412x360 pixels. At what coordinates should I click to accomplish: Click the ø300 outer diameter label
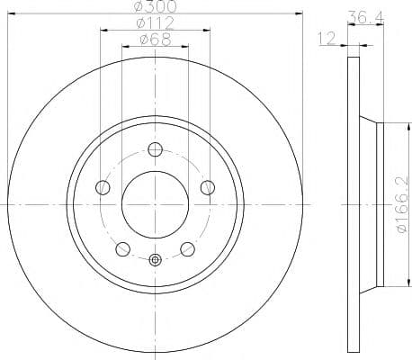point(155,7)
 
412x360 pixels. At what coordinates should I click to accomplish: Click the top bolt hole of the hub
point(155,149)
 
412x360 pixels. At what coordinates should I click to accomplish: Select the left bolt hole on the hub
point(103,187)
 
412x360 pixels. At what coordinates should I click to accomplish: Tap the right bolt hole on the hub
point(208,187)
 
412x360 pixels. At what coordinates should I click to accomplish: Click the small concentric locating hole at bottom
point(155,261)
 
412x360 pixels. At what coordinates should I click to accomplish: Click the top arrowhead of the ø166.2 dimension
point(386,126)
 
